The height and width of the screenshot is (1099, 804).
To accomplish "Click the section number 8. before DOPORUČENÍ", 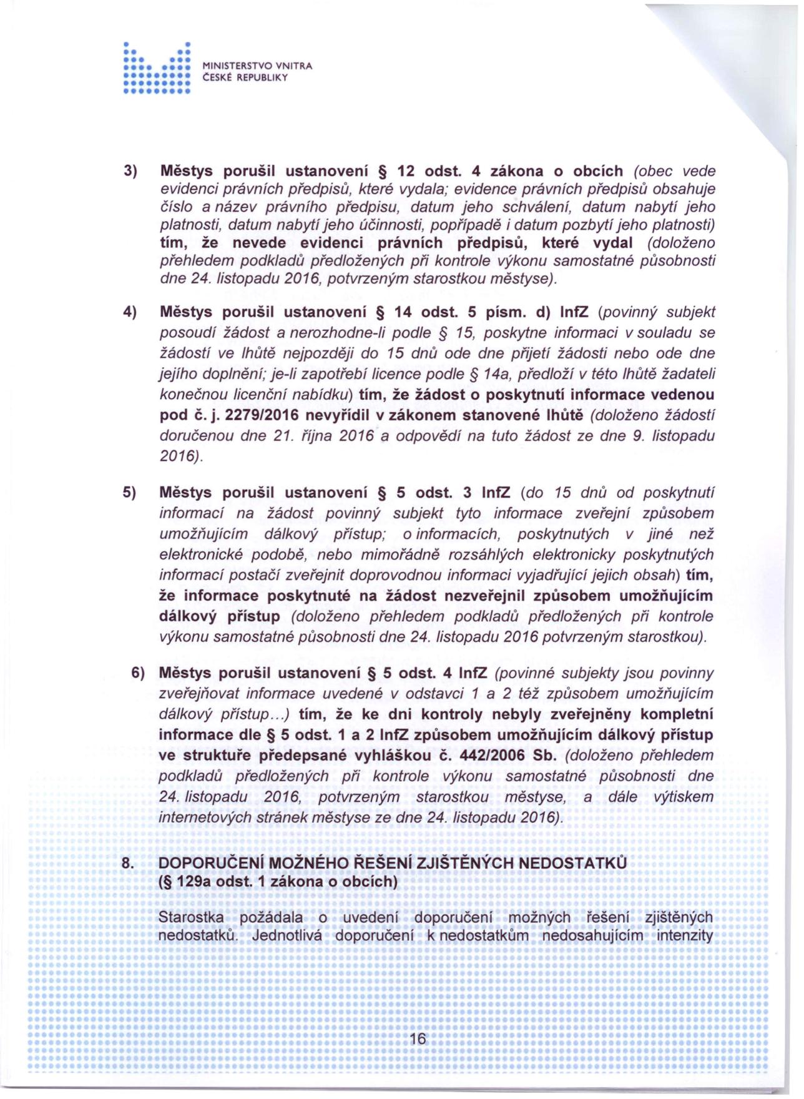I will coord(127,863).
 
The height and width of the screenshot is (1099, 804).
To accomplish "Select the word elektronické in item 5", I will coord(200,554).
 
